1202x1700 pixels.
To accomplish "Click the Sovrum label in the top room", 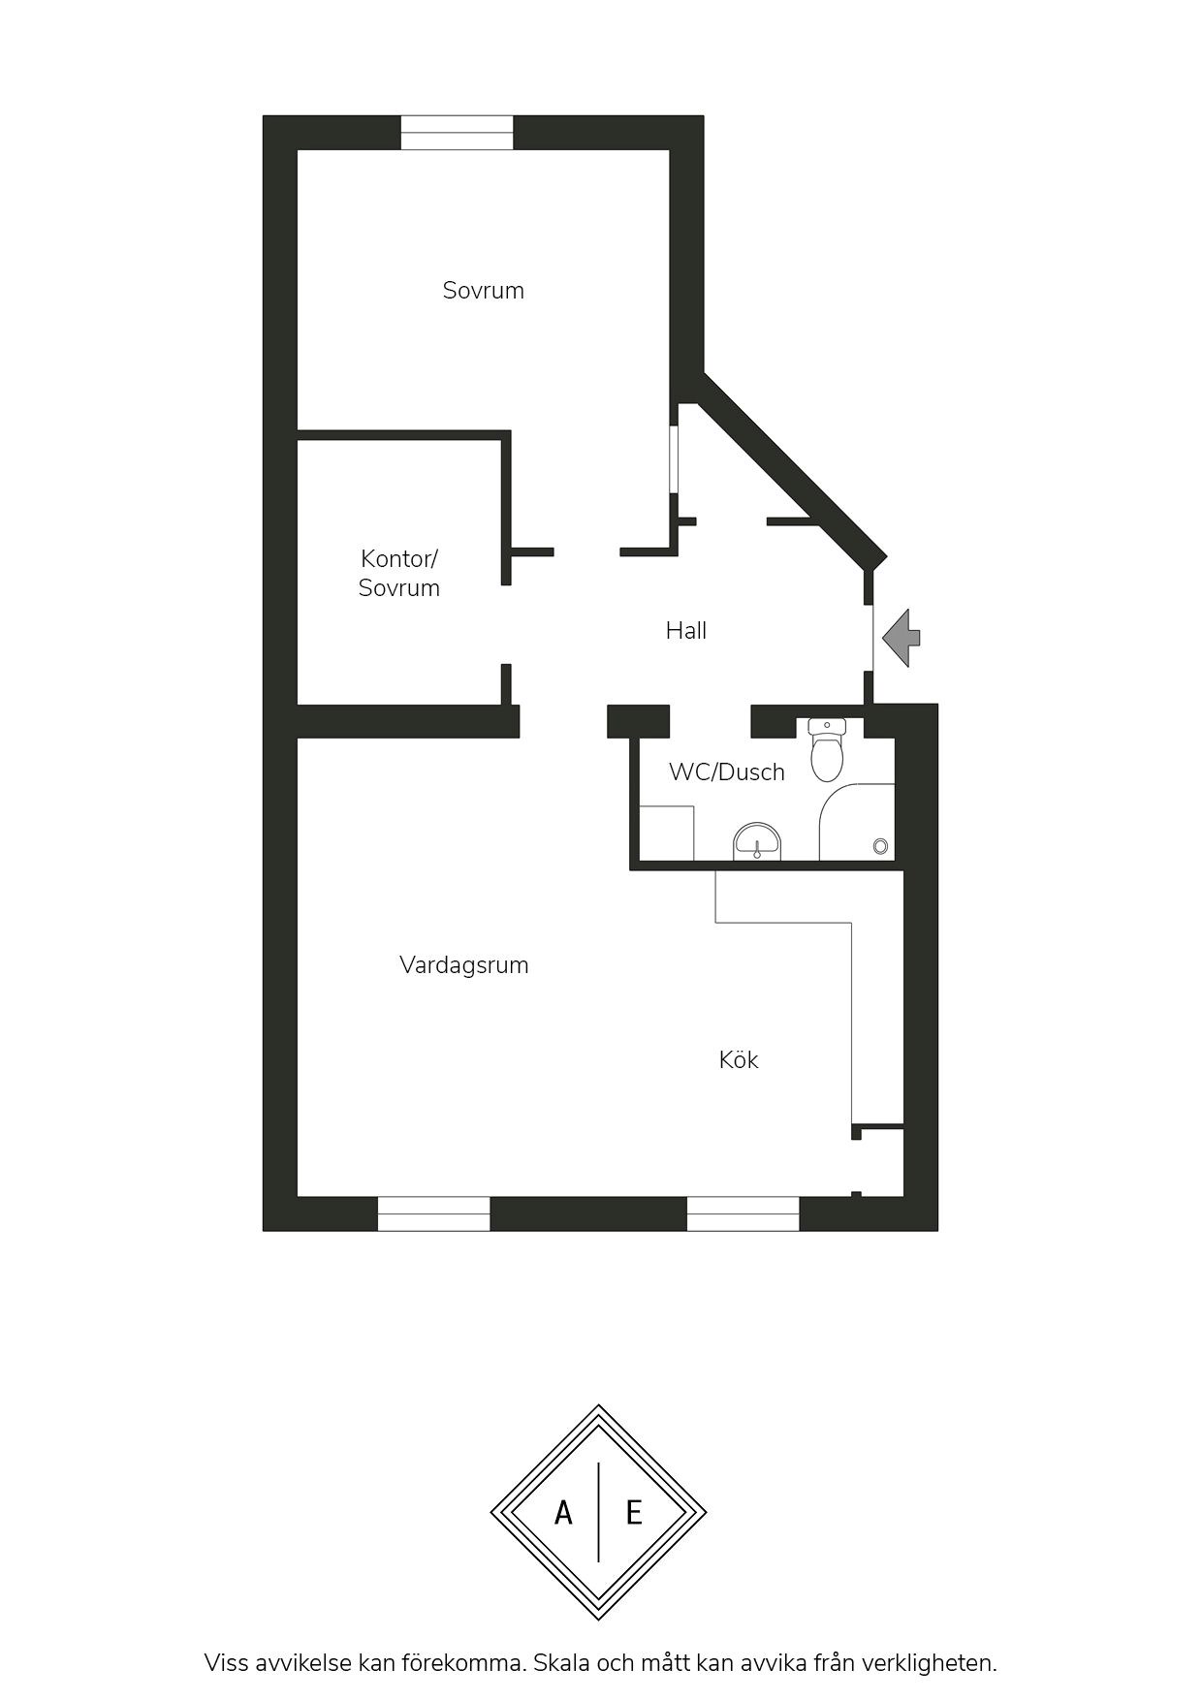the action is pos(483,291).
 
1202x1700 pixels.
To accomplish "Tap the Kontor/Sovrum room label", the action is pos(399,573).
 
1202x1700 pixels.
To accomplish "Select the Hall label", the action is pos(686,631).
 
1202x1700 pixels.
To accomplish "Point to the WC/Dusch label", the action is pos(727,772).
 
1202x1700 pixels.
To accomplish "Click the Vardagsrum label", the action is pos(464,965).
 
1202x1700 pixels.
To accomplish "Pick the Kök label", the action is pos(739,1059).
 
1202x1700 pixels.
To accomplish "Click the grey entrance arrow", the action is pos(901,638).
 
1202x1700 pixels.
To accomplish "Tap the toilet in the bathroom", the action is pos(827,750).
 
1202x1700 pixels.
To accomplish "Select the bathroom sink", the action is pos(757,841).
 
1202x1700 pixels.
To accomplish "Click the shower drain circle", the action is pos(880,846).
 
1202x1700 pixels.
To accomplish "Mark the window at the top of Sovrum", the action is pos(457,133).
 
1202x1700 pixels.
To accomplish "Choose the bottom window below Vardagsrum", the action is pos(433,1213).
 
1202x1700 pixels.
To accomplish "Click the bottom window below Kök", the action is pos(743,1213).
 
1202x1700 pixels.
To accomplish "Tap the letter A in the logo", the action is pos(563,1512).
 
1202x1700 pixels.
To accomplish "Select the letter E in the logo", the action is pos(634,1512).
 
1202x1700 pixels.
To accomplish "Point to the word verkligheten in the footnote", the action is pos(937,1663).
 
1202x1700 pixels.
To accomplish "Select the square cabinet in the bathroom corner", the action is pos(667,833).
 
